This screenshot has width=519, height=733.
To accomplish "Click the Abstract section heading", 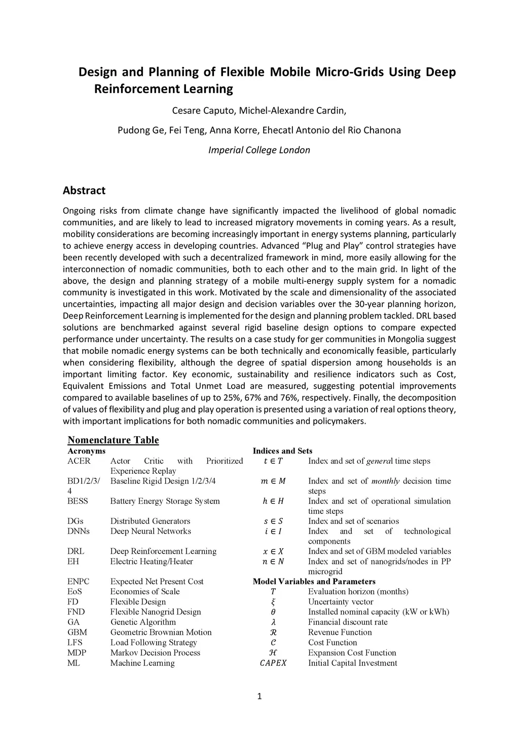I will tap(84, 191).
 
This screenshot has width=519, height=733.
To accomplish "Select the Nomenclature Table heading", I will tap(113, 440).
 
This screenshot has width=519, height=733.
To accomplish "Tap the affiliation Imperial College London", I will tap(259, 150).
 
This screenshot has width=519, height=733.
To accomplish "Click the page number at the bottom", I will tap(259, 697).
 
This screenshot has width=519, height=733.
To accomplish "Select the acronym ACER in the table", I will tap(79, 461).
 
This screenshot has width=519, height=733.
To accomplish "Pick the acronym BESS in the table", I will tap(78, 501).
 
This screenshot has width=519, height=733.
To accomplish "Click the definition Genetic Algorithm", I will tap(143, 622).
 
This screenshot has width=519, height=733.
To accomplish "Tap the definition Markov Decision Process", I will tap(155, 653).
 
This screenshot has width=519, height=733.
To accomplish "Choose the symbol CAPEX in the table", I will tap(273, 663).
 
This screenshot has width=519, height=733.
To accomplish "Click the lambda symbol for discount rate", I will tap(273, 622).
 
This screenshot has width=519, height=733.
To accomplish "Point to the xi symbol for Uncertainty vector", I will tap(273, 602).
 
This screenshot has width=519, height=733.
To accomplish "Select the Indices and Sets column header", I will tap(282, 451).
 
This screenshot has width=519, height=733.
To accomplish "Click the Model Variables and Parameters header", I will tap(314, 582).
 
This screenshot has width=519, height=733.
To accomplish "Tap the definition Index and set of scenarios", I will tap(353, 521).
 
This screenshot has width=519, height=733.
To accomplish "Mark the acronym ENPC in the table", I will tap(79, 582).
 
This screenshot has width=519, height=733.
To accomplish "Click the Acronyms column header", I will tap(87, 451).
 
